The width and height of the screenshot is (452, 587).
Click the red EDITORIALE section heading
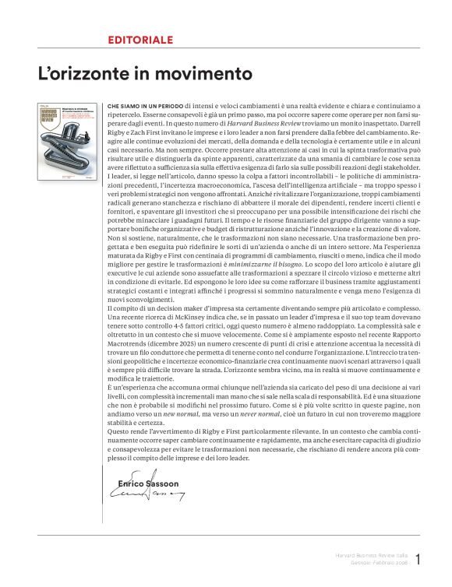coord(140,38)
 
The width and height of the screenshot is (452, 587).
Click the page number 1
coord(418,559)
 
